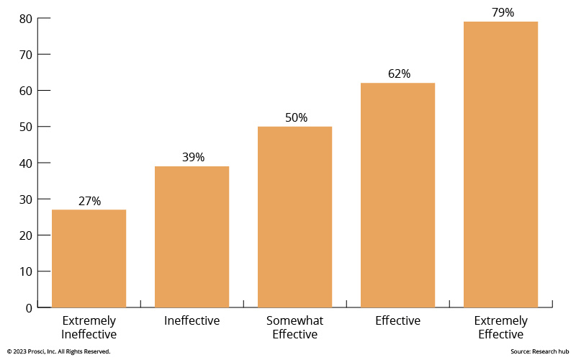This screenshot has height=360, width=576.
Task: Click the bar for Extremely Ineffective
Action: (x=89, y=258)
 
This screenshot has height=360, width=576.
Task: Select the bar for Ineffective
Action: (x=192, y=237)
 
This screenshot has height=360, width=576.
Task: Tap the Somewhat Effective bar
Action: (x=294, y=217)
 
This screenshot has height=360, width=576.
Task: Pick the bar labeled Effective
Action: (x=397, y=195)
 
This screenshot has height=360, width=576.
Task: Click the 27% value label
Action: (x=89, y=201)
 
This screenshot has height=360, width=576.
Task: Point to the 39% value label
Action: (x=192, y=157)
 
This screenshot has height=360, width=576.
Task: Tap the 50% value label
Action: (x=295, y=117)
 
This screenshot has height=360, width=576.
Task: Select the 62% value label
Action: (x=398, y=73)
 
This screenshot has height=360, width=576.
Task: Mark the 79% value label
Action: (x=501, y=12)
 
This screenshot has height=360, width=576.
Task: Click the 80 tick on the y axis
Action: (x=24, y=19)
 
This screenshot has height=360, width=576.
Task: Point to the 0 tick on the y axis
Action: (x=28, y=308)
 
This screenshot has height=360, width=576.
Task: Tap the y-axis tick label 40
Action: (x=24, y=163)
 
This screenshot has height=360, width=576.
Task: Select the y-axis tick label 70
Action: (x=24, y=55)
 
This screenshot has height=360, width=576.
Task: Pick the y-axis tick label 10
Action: (x=24, y=271)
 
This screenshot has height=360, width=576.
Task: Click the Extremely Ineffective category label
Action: (x=89, y=328)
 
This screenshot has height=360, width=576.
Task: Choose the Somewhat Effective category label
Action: (x=294, y=328)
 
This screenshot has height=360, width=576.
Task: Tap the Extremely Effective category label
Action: (x=500, y=328)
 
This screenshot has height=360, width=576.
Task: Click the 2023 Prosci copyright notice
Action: (x=59, y=351)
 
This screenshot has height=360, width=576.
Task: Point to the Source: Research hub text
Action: (x=539, y=351)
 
